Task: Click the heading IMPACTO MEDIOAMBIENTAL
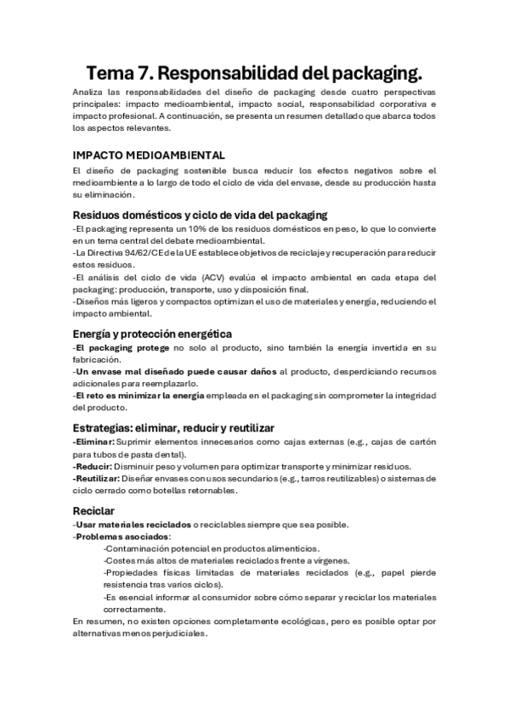(x=150, y=155)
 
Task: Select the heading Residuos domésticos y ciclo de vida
(x=201, y=216)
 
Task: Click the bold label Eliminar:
(x=93, y=442)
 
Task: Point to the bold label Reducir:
(x=93, y=467)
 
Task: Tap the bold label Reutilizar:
(x=97, y=479)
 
